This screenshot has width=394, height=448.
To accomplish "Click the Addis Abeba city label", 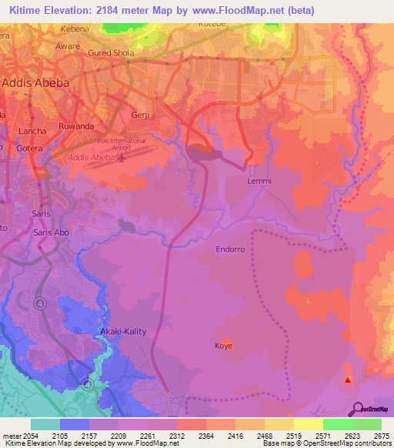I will point(36,82).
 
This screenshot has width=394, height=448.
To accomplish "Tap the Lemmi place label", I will point(259,181).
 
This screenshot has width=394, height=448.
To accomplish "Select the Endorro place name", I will point(231,249).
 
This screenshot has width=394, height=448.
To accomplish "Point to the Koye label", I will point(224,346).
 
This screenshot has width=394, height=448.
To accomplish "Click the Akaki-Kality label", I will point(123,332).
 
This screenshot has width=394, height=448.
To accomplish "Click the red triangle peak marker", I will point(348,379).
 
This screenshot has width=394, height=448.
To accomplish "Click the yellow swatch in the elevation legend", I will point(308,424).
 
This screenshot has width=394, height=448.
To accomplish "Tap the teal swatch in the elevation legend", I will point(45,424).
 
